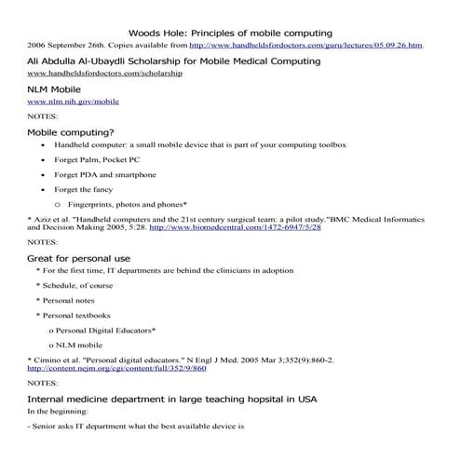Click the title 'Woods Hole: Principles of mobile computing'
pos(229,33)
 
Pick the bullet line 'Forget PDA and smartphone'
pos(105,174)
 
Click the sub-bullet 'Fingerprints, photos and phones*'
pos(128,203)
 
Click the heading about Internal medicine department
pos(172,398)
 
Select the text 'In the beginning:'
pos(57,411)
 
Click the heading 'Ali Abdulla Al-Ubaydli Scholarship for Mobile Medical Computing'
pos(174,61)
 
